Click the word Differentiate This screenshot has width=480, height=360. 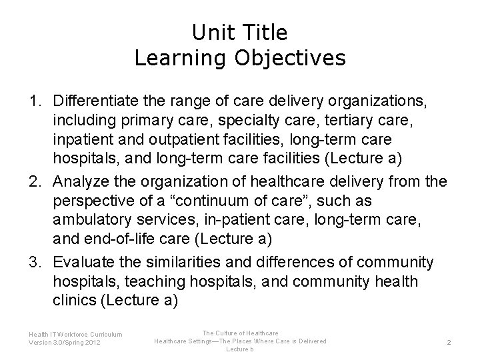[x=98, y=101]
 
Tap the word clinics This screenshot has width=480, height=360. [x=73, y=301]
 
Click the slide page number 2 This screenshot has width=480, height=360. [x=449, y=342]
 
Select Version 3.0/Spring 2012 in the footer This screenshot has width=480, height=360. [x=65, y=343]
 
